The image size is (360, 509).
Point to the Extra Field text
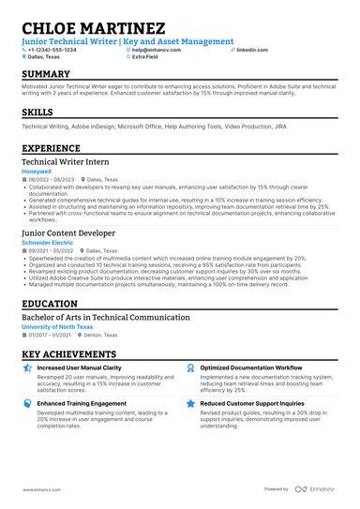(x=145, y=57)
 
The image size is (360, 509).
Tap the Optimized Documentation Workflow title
(x=251, y=368)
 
